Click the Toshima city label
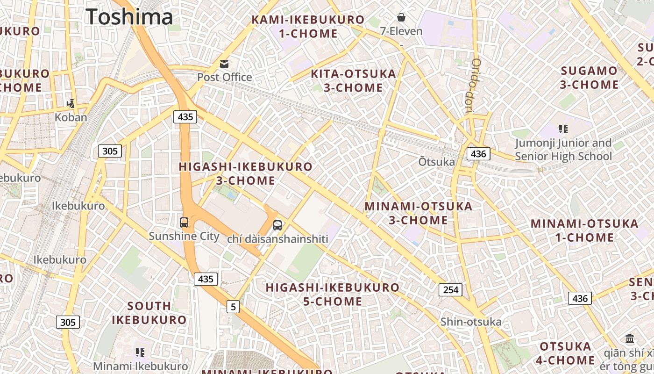(129, 17)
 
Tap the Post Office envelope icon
(225, 64)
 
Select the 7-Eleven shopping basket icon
(401, 18)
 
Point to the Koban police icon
(71, 103)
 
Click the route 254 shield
(450, 290)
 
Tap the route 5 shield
(233, 307)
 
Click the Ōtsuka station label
(436, 162)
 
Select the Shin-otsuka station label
(471, 322)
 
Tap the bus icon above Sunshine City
(184, 222)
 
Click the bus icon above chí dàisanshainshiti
(277, 225)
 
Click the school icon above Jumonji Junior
(563, 129)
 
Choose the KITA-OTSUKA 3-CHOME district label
(353, 81)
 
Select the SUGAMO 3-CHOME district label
(589, 78)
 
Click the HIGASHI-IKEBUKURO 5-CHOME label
(333, 295)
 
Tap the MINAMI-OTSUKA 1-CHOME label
(584, 230)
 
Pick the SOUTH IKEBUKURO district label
(149, 313)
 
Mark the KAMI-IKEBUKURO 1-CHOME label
(308, 27)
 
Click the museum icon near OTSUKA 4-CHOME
(630, 338)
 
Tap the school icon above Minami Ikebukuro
(140, 352)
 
